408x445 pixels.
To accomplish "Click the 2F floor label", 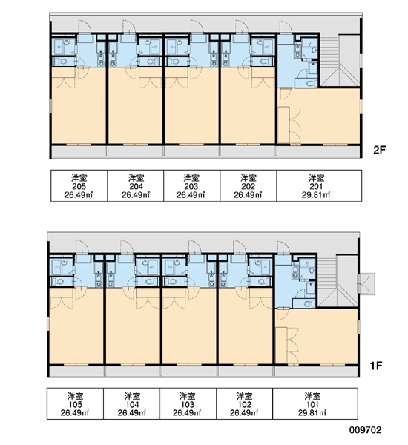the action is (x=380, y=150).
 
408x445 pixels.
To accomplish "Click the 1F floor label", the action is (x=376, y=366).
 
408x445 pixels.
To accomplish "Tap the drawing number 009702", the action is (x=365, y=430).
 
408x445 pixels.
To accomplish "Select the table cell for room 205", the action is (x=79, y=186).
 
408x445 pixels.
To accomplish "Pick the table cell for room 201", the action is (x=319, y=186).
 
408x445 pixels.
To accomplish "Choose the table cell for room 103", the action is (x=188, y=403).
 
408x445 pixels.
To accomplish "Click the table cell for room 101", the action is (x=315, y=403).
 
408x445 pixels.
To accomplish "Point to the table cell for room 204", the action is (x=136, y=186).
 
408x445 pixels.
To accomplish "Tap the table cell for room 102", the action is (x=245, y=403).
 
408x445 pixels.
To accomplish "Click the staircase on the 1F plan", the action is (x=338, y=280).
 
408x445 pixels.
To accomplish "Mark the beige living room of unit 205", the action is (x=79, y=105).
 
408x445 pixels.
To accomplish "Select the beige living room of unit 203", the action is (x=191, y=105).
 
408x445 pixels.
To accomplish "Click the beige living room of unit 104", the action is (x=133, y=326).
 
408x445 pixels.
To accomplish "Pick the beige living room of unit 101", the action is (x=316, y=337).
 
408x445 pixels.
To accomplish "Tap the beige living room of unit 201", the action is (x=319, y=116).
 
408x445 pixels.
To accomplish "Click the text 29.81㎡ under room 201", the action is (x=316, y=195).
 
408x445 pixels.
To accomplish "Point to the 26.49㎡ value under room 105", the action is (x=75, y=412).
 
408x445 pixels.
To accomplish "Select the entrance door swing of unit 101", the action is (x=283, y=247).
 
